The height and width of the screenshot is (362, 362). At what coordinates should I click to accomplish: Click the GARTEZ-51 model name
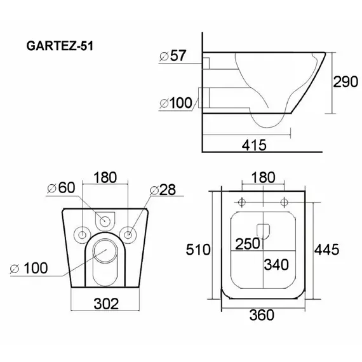coord(60,46)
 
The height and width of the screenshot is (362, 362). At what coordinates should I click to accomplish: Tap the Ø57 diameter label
coord(173,56)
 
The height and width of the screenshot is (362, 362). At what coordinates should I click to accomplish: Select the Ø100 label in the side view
coord(176,103)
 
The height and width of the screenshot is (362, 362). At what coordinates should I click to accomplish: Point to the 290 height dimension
coord(345,82)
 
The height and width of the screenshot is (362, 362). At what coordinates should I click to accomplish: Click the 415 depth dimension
coord(254,145)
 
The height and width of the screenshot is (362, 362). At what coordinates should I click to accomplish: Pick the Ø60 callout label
coord(61,187)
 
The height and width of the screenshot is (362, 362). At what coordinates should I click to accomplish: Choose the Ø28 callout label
coord(163,189)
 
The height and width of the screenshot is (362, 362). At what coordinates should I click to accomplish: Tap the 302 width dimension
coord(106,304)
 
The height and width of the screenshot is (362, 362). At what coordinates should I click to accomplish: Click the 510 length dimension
coord(198,250)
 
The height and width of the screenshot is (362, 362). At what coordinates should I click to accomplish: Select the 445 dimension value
coord(327,250)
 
